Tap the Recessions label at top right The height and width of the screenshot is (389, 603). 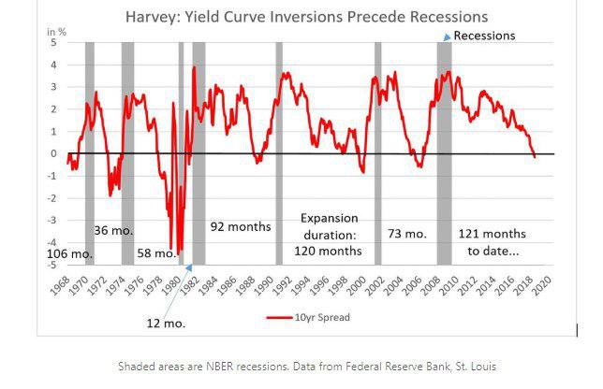pyautogui.click(x=484, y=36)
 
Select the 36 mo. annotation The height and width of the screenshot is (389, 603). pyautogui.click(x=112, y=230)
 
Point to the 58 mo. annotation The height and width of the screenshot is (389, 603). pyautogui.click(x=156, y=253)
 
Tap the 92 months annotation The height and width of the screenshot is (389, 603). pyautogui.click(x=240, y=226)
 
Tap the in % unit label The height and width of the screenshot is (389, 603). pyautogui.click(x=57, y=32)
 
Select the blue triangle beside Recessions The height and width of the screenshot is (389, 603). pyautogui.click(x=446, y=36)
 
